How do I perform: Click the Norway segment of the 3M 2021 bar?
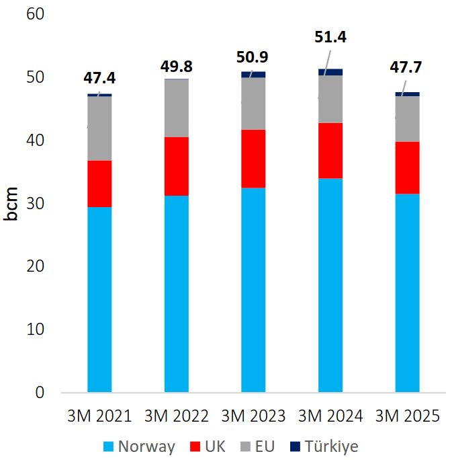(x=99, y=299)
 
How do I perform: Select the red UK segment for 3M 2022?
(x=177, y=166)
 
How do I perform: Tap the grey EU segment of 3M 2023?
(x=253, y=104)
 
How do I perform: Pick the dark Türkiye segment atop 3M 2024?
(x=330, y=72)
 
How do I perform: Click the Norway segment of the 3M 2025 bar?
(x=407, y=293)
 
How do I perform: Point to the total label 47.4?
(x=99, y=77)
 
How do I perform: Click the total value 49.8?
(x=177, y=66)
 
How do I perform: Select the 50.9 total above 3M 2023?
(x=253, y=56)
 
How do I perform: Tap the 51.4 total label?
(x=330, y=38)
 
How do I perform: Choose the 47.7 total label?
(x=407, y=69)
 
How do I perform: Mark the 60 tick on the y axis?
(x=34, y=15)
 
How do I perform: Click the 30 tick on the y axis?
(x=34, y=204)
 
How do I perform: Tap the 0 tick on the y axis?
(x=38, y=393)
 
